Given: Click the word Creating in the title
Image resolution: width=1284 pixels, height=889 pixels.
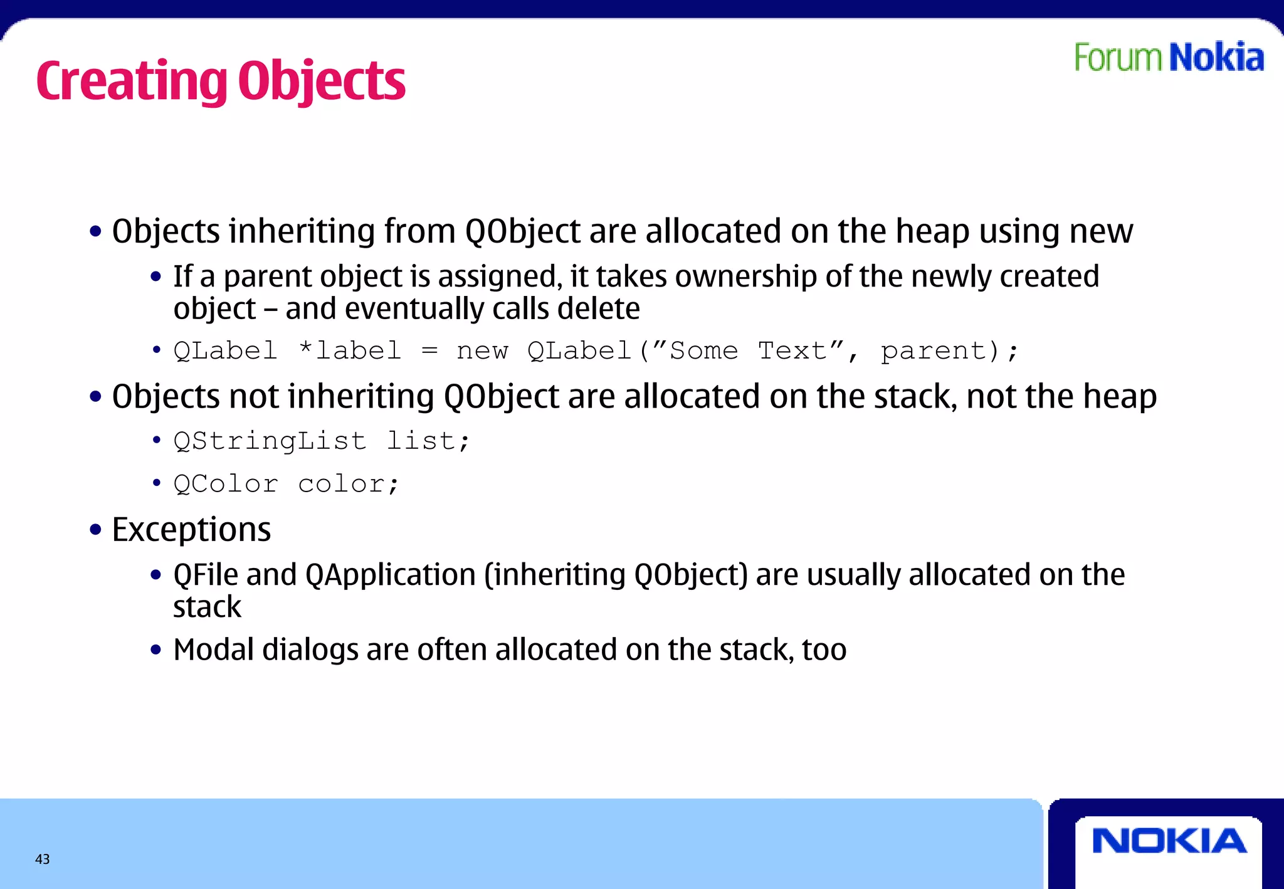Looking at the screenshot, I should pyautogui.click(x=132, y=82).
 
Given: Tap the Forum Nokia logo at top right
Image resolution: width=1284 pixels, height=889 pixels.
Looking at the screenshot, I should pyautogui.click(x=1169, y=58).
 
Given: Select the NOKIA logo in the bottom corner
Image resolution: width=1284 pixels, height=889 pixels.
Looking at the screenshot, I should pyautogui.click(x=1169, y=841).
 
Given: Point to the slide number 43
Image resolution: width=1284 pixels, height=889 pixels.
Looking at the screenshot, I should pyautogui.click(x=42, y=859).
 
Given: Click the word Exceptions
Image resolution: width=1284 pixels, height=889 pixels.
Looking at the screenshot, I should pyautogui.click(x=191, y=530).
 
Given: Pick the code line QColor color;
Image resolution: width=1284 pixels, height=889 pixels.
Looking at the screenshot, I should pyautogui.click(x=286, y=484).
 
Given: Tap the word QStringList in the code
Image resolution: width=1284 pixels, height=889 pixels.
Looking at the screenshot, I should pyautogui.click(x=270, y=441).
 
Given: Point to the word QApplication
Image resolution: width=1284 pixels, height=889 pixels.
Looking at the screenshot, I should pyautogui.click(x=391, y=575).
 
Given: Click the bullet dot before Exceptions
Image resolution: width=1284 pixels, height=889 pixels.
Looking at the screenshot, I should pyautogui.click(x=95, y=530).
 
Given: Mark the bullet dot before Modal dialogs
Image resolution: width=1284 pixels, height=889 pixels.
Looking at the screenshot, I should pyautogui.click(x=156, y=650).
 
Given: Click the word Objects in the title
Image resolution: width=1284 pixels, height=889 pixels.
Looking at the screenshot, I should pyautogui.click(x=322, y=82).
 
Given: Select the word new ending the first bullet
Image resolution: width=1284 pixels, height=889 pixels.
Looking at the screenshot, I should pyautogui.click(x=1101, y=231).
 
